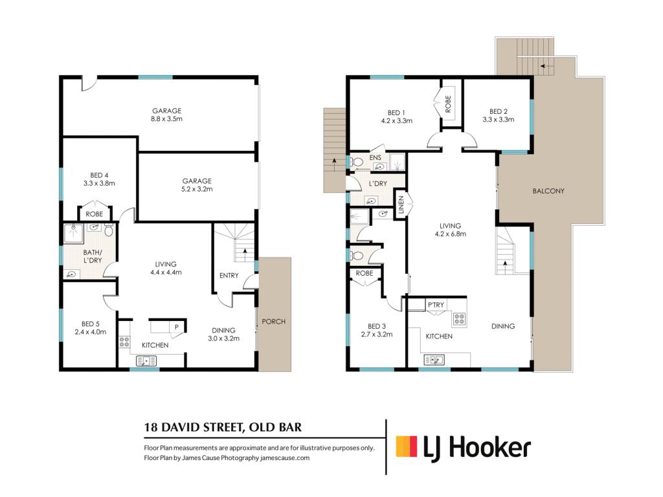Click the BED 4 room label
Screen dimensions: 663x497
pos(99,175)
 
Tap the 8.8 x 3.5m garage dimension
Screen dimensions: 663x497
pos(166,119)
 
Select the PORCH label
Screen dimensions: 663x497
pos(274,322)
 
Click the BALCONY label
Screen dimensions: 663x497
pos(548,191)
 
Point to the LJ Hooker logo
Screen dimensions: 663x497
pos(464,448)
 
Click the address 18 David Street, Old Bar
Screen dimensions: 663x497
pos(223,427)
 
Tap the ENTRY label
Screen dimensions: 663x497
pos(229,276)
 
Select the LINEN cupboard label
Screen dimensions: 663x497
pos(401,204)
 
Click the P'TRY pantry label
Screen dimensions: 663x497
pos(436,305)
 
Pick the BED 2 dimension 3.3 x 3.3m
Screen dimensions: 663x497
pos(499,120)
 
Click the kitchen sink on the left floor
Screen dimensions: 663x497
pos(146,361)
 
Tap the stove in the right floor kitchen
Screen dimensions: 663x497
pos(460,319)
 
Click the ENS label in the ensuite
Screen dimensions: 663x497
pos(376,158)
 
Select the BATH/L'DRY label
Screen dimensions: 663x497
pos(93,256)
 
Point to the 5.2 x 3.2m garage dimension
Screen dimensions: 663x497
pos(197,190)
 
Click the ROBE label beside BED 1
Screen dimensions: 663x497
pos(448,104)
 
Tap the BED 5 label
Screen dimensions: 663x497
pos(91,324)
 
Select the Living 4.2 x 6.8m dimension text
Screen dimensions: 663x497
pos(451,234)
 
